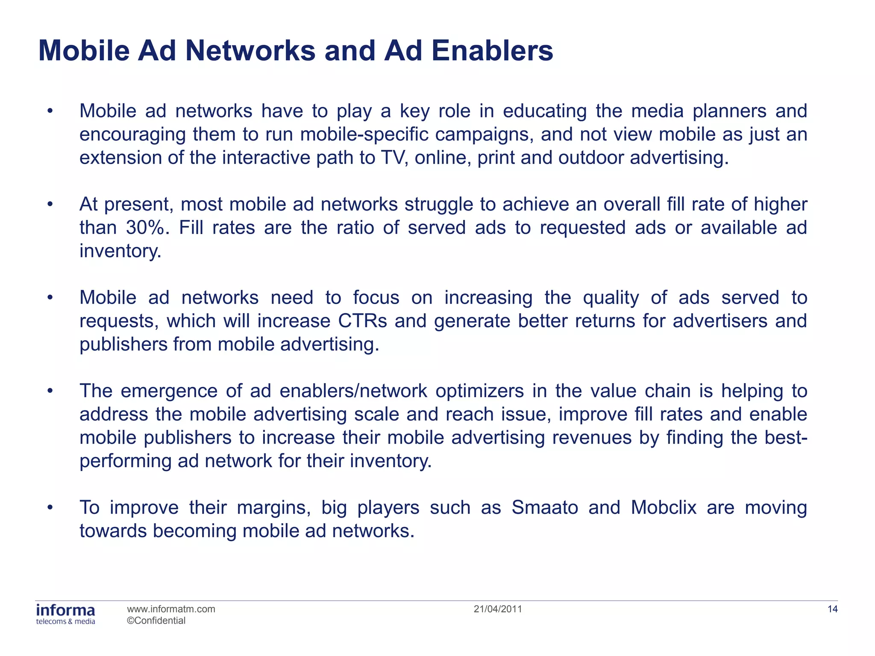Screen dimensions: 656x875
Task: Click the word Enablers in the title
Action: pyautogui.click(x=492, y=51)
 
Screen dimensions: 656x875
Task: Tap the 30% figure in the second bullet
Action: pyautogui.click(x=145, y=228)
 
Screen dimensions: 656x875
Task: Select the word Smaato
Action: pyautogui.click(x=545, y=508)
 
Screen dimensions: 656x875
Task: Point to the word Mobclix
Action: pyautogui.click(x=664, y=508)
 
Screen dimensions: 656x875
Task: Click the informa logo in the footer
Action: pyautogui.click(x=66, y=614)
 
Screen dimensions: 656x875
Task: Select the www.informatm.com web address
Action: pyautogui.click(x=171, y=609)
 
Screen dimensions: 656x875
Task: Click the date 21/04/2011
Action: pyautogui.click(x=498, y=609)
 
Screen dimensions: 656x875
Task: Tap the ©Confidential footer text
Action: pyautogui.click(x=156, y=621)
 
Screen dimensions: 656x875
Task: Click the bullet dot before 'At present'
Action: pyautogui.click(x=50, y=205)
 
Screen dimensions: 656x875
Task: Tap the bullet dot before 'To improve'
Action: pyautogui.click(x=50, y=508)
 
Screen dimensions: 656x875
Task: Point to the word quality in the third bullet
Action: pyautogui.click(x=611, y=298)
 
